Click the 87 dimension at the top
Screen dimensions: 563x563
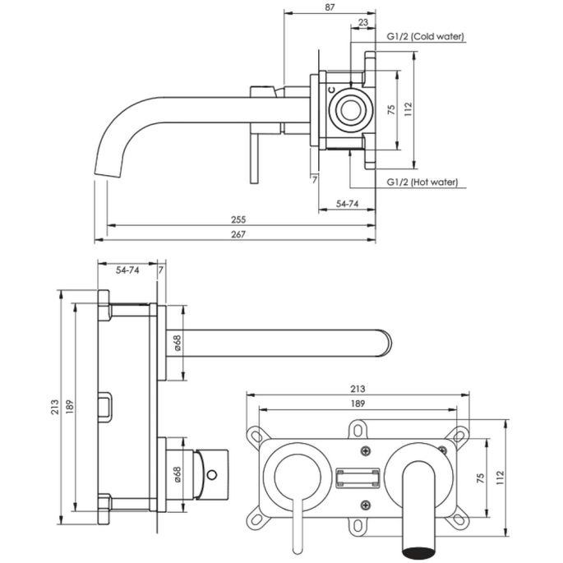click(x=330, y=7)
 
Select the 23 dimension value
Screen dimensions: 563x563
click(x=363, y=23)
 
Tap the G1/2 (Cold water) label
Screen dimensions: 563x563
click(x=426, y=37)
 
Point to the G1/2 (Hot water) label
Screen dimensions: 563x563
click(x=422, y=182)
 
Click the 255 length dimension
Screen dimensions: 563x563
click(x=238, y=219)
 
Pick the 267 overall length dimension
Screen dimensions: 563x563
click(x=238, y=234)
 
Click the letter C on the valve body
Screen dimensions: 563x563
click(x=330, y=88)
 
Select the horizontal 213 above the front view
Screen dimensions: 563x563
click(x=358, y=388)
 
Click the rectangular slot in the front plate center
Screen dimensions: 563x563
click(x=358, y=478)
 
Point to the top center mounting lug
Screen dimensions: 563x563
click(x=358, y=429)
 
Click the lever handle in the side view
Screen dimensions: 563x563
click(x=254, y=156)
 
